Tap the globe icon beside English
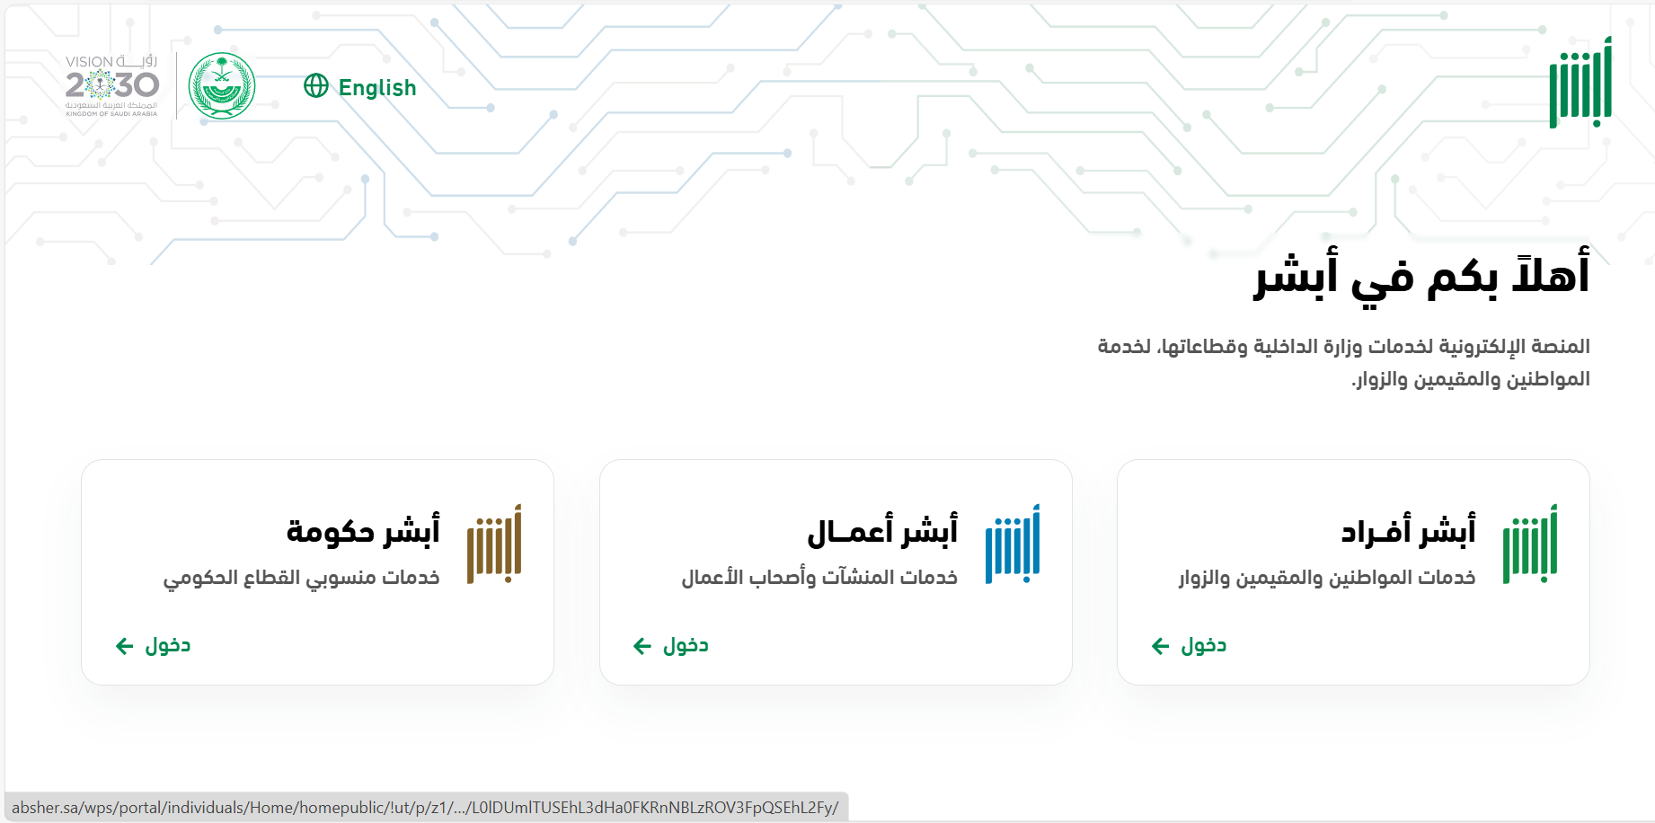click(x=316, y=85)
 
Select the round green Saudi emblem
click(x=222, y=86)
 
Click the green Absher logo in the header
click(x=1580, y=83)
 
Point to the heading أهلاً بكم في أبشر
click(x=1422, y=273)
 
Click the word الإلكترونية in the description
click(x=1482, y=347)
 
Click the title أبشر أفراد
click(x=1408, y=531)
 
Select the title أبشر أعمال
click(x=882, y=531)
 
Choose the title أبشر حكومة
click(x=363, y=531)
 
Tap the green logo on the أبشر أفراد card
click(x=1530, y=544)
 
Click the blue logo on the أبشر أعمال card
click(x=1013, y=544)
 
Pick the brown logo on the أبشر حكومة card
click(x=494, y=544)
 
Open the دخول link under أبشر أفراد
click(x=1189, y=645)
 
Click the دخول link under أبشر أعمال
click(x=671, y=645)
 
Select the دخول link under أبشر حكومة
click(x=153, y=645)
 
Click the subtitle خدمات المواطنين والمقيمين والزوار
click(x=1327, y=578)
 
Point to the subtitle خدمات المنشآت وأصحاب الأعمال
click(x=819, y=578)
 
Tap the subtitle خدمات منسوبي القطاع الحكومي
click(x=302, y=578)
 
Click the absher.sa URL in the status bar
click(x=425, y=808)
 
